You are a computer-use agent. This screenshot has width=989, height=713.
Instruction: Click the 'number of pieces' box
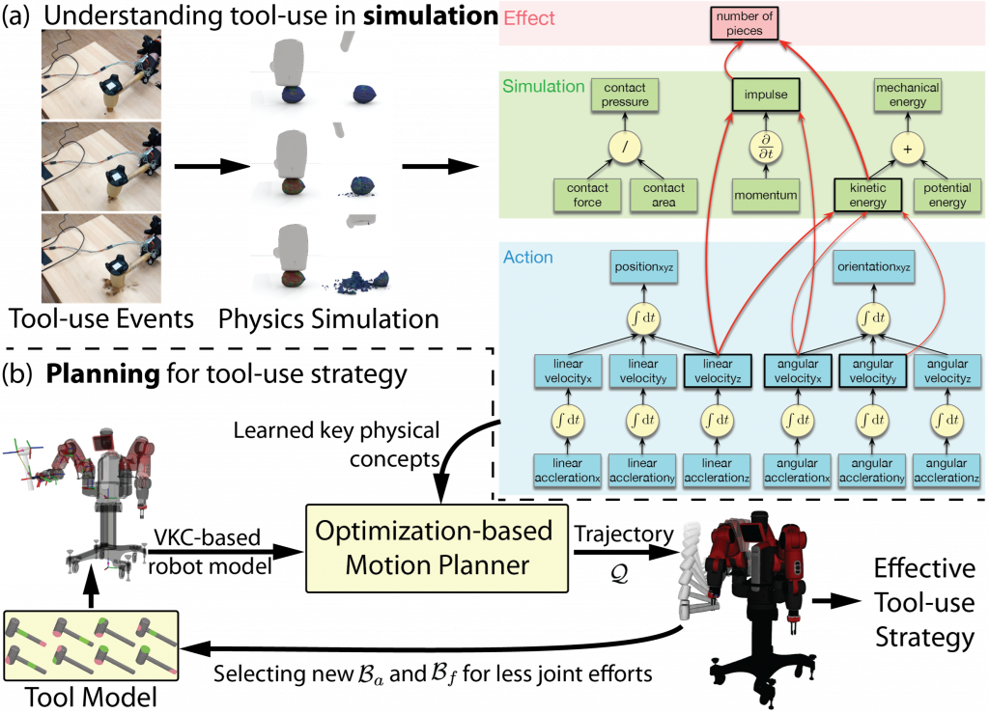click(745, 23)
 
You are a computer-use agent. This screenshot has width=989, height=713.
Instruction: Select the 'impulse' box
click(766, 95)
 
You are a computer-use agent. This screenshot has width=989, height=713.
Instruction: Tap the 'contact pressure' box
click(625, 96)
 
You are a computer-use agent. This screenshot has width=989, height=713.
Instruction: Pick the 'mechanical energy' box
click(908, 96)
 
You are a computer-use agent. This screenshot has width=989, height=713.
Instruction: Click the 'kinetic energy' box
click(868, 195)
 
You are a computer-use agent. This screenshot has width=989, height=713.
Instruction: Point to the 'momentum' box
click(766, 195)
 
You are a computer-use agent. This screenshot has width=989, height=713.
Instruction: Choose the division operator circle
click(625, 148)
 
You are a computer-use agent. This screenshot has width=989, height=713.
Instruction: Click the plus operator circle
click(908, 149)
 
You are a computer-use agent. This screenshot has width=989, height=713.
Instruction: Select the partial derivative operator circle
click(766, 148)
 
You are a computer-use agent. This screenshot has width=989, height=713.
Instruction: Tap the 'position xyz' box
click(644, 267)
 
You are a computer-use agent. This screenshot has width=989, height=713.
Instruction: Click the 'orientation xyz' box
click(874, 267)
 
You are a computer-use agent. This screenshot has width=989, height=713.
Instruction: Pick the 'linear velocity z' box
click(718, 371)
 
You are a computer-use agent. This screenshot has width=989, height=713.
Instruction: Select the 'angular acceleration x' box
click(797, 471)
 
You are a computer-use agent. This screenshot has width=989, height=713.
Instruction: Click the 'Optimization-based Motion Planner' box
click(437, 548)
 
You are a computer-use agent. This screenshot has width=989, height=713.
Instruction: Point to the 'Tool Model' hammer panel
click(91, 645)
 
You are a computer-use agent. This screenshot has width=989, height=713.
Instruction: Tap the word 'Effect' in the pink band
click(529, 18)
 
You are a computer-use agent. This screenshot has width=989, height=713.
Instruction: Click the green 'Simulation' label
click(543, 86)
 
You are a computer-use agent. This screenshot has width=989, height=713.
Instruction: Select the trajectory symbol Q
click(619, 574)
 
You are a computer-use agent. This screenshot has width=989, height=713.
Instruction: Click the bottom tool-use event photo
click(100, 259)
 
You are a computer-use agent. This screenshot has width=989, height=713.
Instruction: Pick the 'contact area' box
click(664, 195)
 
